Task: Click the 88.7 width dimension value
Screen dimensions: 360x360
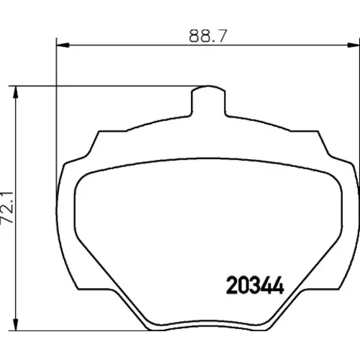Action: point(208,36)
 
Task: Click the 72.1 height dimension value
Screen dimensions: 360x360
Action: point(7,207)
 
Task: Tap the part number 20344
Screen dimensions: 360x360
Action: point(255,285)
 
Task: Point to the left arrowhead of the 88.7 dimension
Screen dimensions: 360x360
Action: point(63,45)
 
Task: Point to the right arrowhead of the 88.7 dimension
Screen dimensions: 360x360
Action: point(354,45)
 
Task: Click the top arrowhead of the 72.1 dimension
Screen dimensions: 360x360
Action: point(16,92)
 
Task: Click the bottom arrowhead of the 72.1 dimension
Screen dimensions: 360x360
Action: point(16,324)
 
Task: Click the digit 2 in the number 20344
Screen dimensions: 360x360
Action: point(232,285)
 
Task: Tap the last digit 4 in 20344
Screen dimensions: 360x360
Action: point(279,285)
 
